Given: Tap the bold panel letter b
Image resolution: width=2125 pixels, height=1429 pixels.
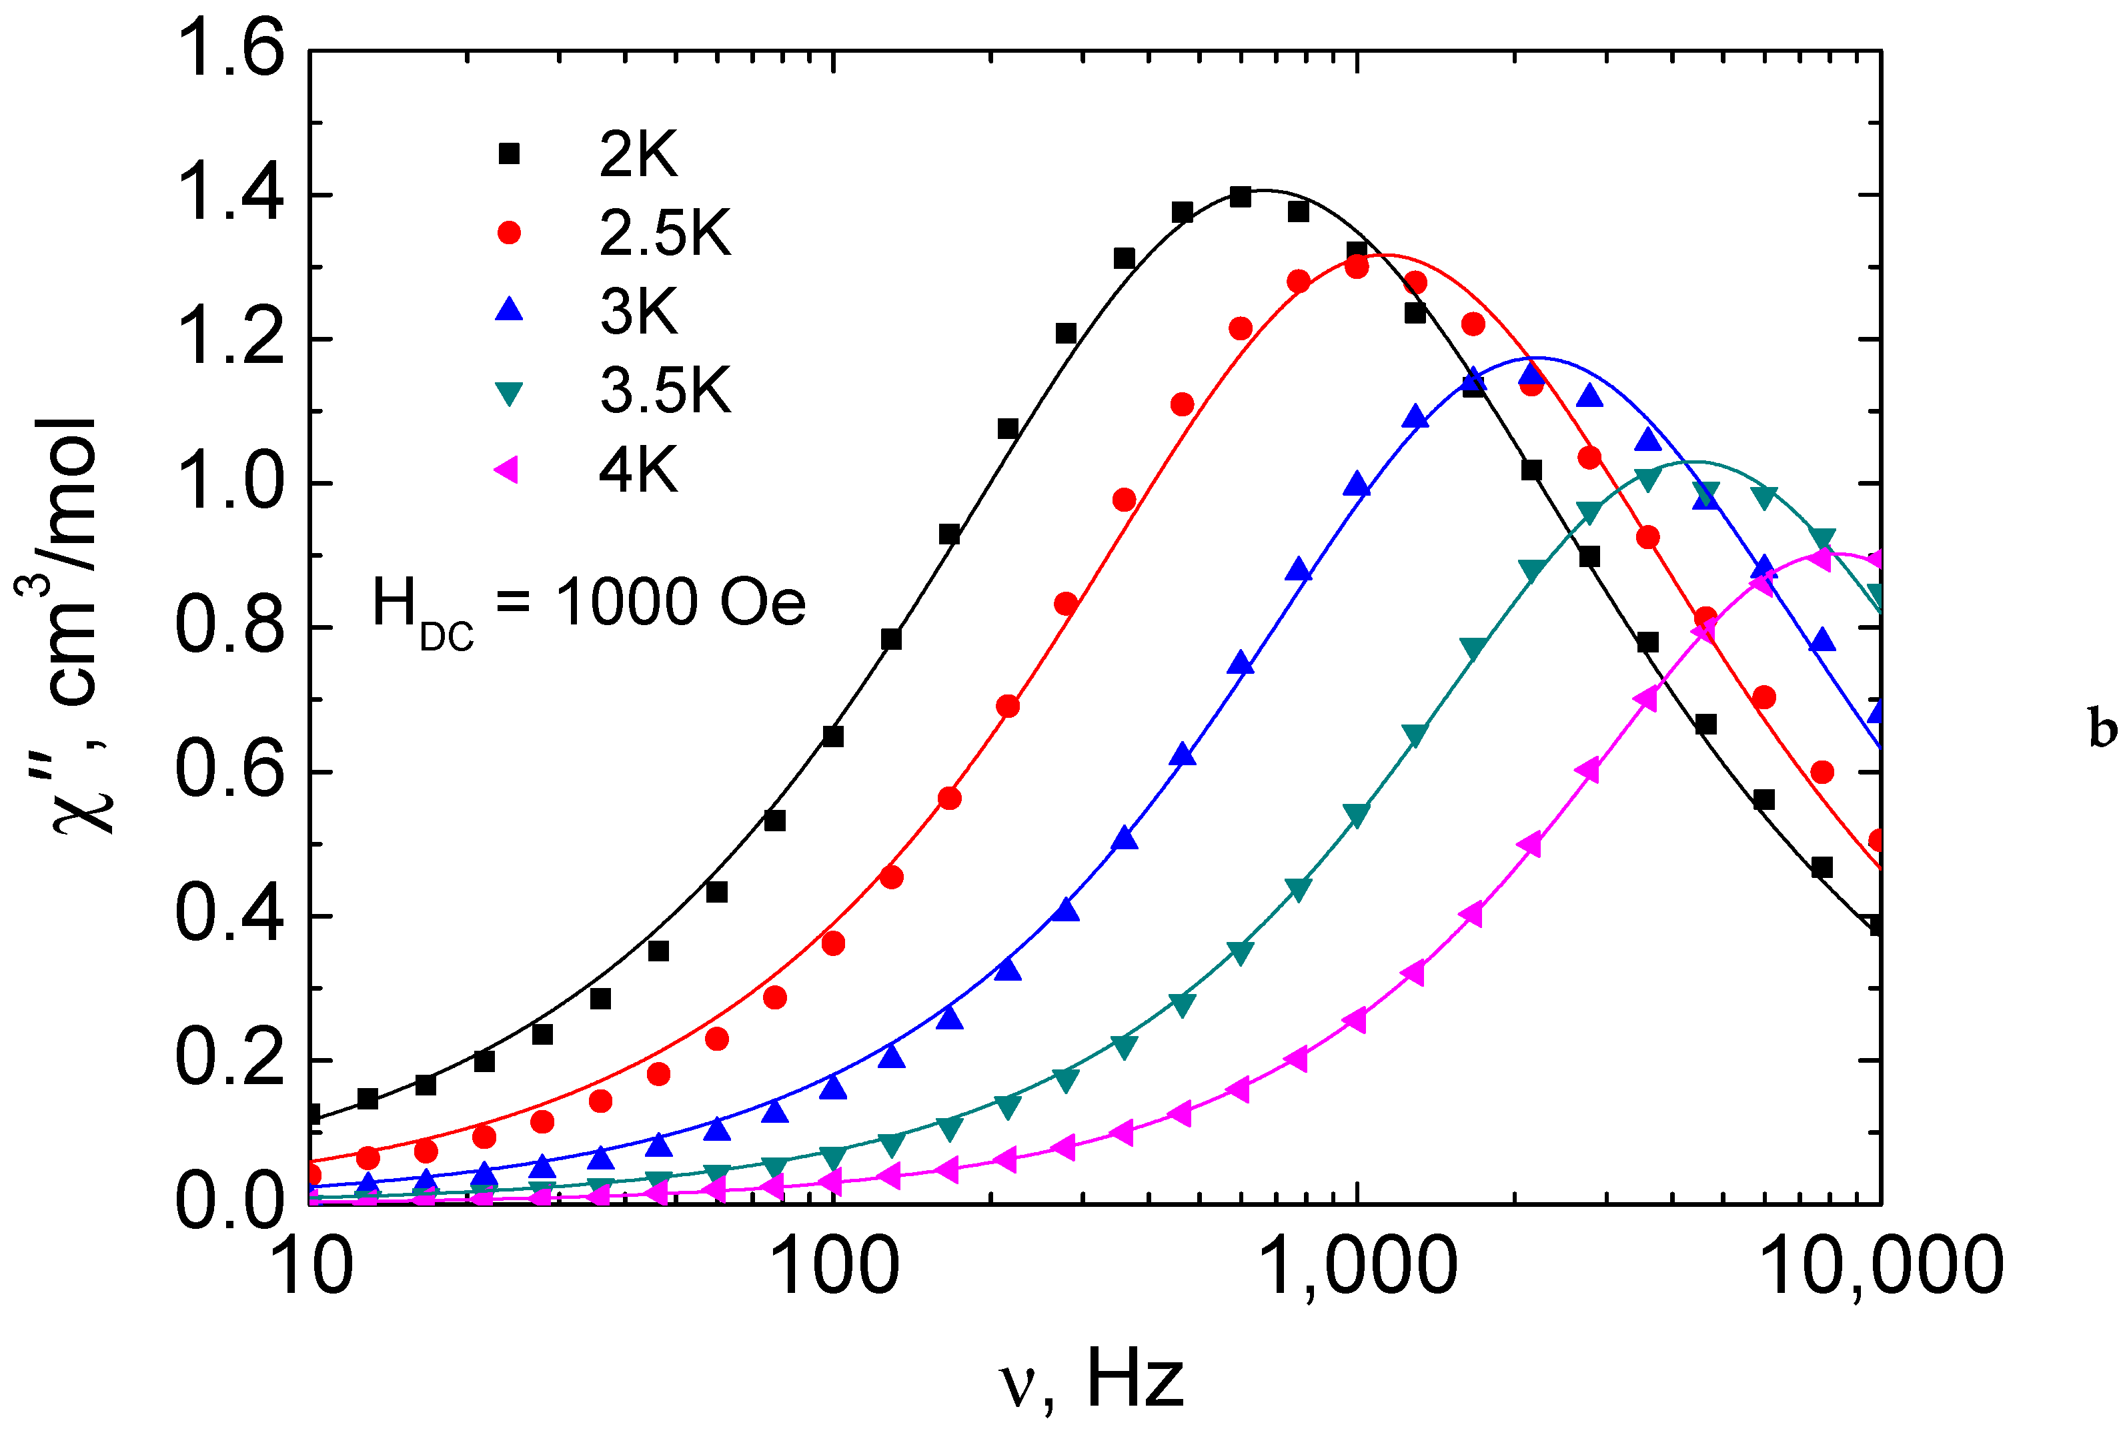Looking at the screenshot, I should pyautogui.click(x=2101, y=730).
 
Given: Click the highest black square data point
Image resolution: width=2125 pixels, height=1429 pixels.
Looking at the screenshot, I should pyautogui.click(x=1240, y=197).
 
